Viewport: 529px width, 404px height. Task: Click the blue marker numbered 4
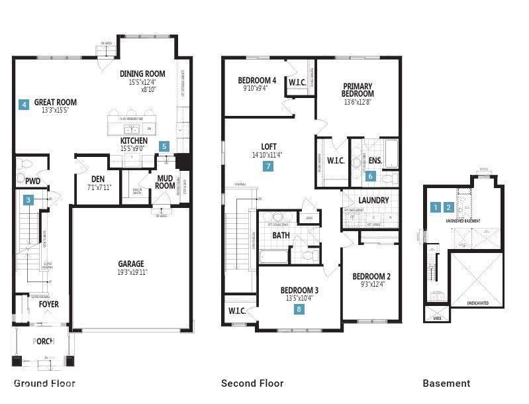(24, 104)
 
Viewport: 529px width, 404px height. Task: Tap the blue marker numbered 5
(165, 146)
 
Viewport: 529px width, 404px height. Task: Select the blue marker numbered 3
(28, 199)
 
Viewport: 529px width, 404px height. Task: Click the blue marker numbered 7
(268, 167)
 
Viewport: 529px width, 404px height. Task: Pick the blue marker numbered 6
(371, 176)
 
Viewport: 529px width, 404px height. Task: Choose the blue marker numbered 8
(299, 309)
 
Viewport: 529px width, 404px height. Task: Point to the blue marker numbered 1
(435, 207)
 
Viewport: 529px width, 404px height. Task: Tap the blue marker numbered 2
(448, 207)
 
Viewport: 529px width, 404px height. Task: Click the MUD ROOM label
(166, 181)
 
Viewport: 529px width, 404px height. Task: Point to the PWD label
(33, 180)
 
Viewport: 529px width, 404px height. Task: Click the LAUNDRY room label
(373, 200)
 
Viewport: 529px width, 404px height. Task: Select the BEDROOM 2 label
(371, 276)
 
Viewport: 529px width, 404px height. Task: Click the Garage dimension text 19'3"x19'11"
(131, 272)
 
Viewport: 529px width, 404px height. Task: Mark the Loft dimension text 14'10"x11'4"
(268, 155)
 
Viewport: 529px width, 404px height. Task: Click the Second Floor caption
(252, 383)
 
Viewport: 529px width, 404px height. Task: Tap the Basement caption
(446, 383)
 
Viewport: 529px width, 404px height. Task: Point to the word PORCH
(44, 342)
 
